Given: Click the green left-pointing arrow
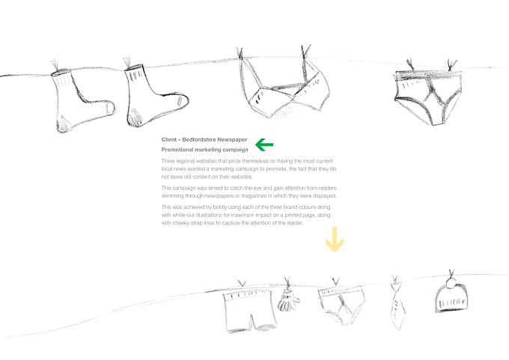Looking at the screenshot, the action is [264, 144].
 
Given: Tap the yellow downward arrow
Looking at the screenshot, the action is [335, 240].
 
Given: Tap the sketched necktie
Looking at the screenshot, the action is [397, 306].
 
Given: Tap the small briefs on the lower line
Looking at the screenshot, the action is [341, 305].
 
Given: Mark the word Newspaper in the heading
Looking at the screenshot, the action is [232, 140].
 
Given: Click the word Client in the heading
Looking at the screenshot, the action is [169, 140].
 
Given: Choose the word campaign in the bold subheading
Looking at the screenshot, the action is [236, 150].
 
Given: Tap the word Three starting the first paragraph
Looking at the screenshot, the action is [167, 161].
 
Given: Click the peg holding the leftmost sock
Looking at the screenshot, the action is [55, 65].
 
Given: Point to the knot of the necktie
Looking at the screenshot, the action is [394, 287].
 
